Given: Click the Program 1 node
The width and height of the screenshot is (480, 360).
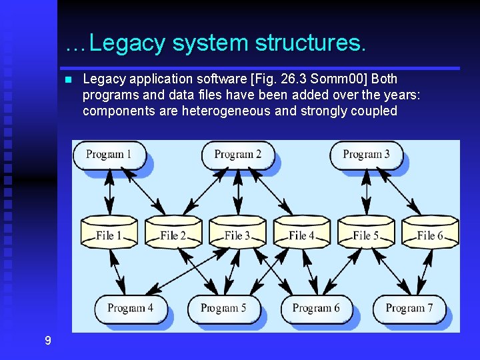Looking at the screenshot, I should (x=109, y=155).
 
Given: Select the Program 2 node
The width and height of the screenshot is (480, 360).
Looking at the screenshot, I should (x=237, y=155).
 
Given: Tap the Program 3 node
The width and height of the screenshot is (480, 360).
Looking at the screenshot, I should (x=366, y=155).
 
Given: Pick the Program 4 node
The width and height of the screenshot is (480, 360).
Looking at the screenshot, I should (x=129, y=308).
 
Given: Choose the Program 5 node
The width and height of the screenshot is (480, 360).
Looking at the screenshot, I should (x=223, y=308).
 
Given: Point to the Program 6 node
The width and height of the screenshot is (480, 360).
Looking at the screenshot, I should (x=315, y=308).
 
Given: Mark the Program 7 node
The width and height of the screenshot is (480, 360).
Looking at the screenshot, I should (x=409, y=308).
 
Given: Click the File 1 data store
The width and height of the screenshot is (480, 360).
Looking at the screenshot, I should (x=109, y=235).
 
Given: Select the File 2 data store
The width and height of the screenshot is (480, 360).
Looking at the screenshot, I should (x=173, y=235).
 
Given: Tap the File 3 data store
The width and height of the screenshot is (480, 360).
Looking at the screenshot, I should (x=237, y=235).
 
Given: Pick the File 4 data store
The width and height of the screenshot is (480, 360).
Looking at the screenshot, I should (x=301, y=235).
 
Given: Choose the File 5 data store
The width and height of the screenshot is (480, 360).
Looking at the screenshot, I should (x=366, y=235).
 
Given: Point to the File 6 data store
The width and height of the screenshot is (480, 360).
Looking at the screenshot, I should (x=430, y=235).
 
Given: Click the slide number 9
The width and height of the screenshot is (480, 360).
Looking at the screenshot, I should (x=47, y=341).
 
